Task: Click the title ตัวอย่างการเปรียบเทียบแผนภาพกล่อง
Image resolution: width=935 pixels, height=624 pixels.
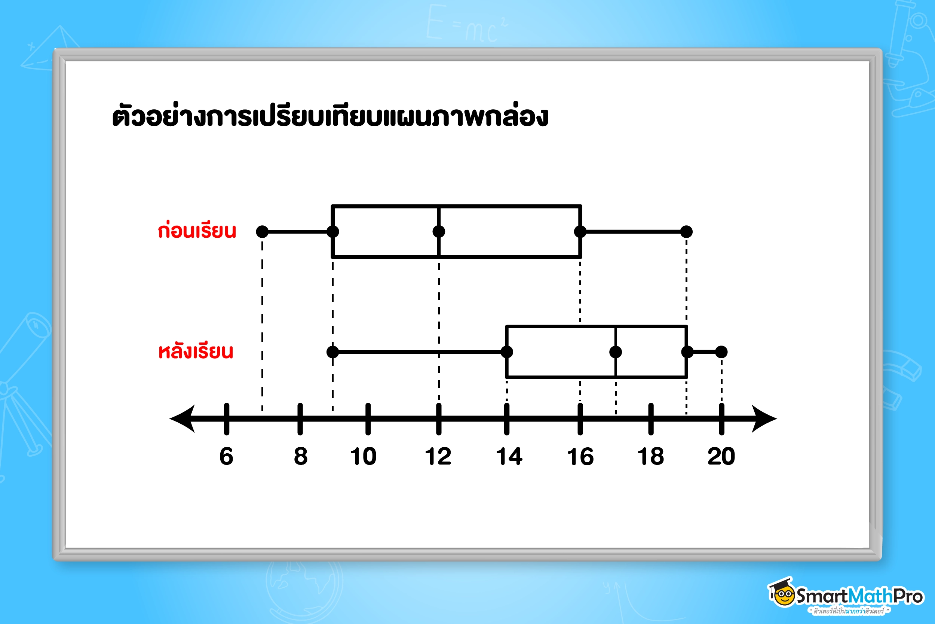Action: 330,116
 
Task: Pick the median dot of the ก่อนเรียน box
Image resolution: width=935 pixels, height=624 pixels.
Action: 439,232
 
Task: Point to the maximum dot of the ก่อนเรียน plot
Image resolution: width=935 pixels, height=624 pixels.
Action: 687,232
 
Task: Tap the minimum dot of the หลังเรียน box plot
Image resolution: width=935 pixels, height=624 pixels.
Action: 333,352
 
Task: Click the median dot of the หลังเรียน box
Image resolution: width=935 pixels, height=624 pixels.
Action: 616,352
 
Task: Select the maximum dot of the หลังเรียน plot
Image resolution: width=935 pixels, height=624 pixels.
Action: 721,352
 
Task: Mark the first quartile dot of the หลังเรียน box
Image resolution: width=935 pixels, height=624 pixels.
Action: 507,352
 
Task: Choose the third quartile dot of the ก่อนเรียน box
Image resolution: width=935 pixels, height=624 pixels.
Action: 580,232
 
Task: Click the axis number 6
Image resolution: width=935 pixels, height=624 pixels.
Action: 226,456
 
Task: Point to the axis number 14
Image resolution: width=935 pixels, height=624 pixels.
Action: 509,456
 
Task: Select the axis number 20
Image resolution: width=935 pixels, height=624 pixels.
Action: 721,456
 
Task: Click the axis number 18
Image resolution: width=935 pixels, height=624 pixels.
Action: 651,456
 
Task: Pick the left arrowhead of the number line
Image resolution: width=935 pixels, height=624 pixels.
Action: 182,418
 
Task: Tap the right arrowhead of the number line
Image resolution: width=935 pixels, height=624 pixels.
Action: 764,418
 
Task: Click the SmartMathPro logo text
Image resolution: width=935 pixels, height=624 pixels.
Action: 859,596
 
